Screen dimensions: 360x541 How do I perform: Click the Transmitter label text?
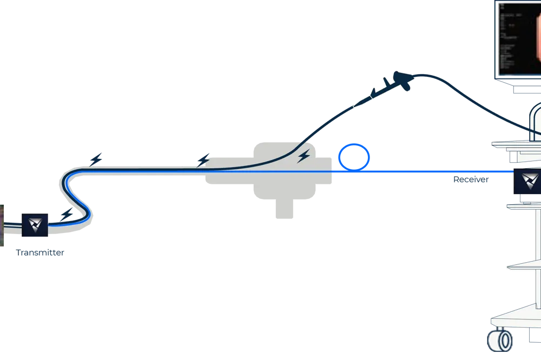coord(40,252)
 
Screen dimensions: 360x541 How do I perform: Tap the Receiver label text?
coord(471,180)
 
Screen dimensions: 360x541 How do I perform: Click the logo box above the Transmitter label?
coord(35,225)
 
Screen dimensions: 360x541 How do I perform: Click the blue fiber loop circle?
coord(354,157)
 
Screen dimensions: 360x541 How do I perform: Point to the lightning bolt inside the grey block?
coord(304,156)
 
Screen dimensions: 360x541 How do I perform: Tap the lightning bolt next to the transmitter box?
coord(67,215)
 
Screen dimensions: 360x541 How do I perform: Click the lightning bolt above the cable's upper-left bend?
coord(96,158)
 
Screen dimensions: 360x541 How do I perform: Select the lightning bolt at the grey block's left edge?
coord(203,160)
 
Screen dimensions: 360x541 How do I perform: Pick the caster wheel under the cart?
coord(500,341)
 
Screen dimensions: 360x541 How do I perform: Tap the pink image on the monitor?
coord(537,38)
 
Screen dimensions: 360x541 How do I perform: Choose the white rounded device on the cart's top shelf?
coord(536,119)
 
